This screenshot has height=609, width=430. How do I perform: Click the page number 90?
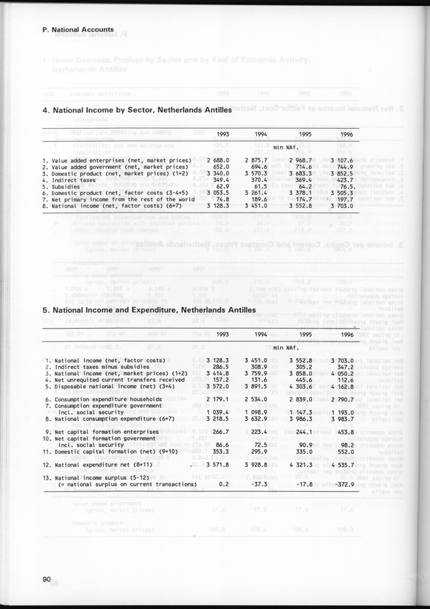[47, 579]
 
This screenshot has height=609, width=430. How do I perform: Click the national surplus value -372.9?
[345, 484]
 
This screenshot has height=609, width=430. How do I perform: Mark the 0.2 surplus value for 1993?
[223, 484]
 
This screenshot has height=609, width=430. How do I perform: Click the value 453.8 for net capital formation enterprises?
[347, 431]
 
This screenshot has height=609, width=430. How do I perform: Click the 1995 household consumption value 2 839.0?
[301, 398]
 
